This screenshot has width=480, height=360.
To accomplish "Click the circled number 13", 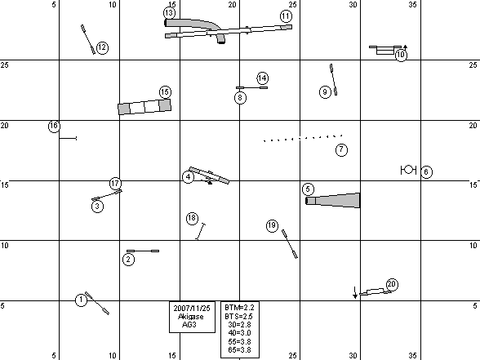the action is (169, 13).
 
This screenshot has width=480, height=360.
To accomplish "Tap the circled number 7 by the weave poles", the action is (341, 149).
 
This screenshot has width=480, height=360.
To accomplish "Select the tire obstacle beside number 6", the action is (408, 170).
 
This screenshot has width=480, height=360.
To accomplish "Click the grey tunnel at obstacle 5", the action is (333, 201).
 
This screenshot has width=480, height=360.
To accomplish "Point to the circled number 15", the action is (165, 91).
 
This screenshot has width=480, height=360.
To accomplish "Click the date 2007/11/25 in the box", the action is (192, 308).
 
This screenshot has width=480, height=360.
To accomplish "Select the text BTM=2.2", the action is (239, 307).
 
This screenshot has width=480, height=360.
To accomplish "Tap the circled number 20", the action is (392, 285).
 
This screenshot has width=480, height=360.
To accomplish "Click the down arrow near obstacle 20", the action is (355, 292).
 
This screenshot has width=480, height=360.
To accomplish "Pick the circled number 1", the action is (81, 300).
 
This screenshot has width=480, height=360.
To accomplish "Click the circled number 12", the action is (102, 47).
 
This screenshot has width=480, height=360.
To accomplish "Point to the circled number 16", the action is (54, 126).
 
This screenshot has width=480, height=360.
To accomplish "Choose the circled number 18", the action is (192, 218).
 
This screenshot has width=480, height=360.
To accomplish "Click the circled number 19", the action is (272, 226).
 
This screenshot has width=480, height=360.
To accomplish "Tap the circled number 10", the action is (401, 56).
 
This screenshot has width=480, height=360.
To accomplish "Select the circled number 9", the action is (325, 91).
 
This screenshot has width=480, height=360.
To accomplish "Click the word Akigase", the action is (191, 316).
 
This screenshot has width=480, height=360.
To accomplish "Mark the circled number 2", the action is (128, 260).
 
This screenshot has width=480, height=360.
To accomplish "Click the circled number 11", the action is (286, 16).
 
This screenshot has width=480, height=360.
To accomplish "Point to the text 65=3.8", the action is (239, 349).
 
